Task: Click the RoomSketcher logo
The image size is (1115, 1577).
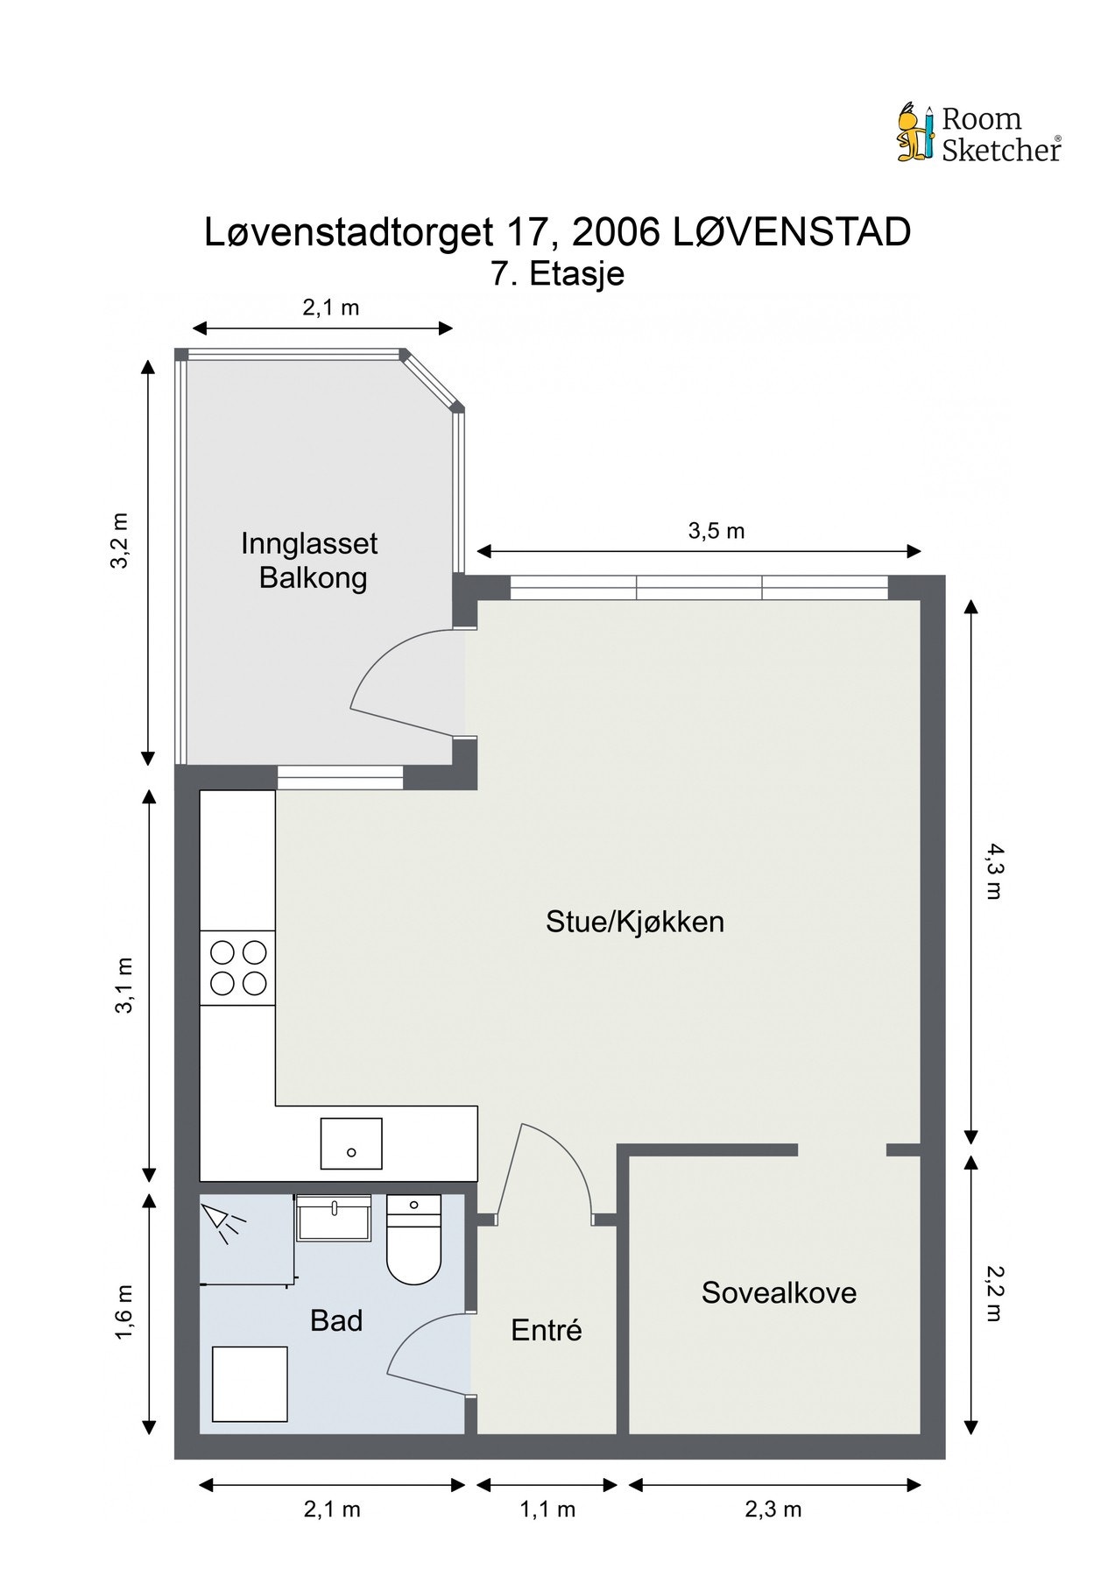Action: click(979, 134)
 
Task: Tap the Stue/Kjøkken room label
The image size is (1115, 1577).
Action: click(635, 922)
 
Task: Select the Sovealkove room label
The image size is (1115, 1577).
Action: click(779, 1293)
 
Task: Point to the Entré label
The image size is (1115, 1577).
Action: click(547, 1330)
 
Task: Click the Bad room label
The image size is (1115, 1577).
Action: click(336, 1320)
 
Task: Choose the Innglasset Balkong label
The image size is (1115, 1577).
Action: click(309, 561)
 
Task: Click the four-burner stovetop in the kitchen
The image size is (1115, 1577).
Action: click(238, 967)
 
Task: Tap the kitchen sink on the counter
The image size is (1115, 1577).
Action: click(351, 1143)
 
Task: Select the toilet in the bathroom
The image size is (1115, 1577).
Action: click(413, 1239)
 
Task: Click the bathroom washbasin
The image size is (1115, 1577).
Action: click(333, 1217)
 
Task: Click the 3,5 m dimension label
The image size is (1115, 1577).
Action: click(716, 531)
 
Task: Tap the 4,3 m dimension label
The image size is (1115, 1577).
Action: click(993, 871)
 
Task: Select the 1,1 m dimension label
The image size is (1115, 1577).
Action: click(547, 1509)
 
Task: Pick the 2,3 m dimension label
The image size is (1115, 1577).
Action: click(773, 1509)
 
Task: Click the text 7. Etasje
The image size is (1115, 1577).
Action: click(558, 273)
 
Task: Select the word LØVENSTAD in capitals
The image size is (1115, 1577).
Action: click(792, 232)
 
